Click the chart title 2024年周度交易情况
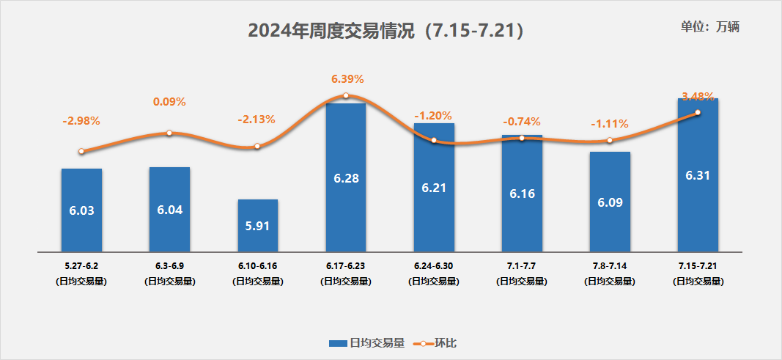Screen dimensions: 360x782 (x=386, y=30)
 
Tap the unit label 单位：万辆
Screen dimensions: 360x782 (x=710, y=27)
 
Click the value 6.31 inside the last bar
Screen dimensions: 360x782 (x=698, y=175)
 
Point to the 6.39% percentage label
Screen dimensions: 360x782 (x=347, y=78)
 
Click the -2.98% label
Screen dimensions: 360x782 (x=81, y=120)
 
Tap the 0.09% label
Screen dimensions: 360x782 (x=169, y=102)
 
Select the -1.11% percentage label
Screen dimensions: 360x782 (x=610, y=123)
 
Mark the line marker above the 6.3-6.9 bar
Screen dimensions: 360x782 (x=169, y=133)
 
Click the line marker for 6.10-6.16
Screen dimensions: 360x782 (x=257, y=146)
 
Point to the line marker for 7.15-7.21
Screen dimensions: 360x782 (x=698, y=112)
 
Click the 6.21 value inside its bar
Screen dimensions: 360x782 (x=433, y=188)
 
